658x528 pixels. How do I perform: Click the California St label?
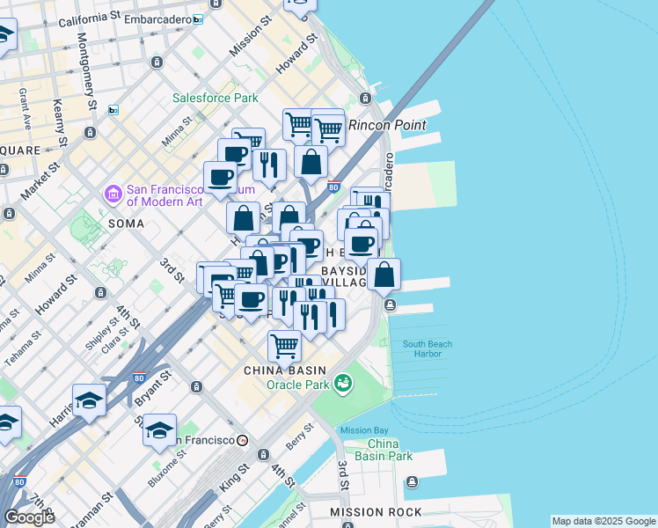(x=91, y=18)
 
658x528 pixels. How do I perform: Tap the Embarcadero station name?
(x=157, y=18)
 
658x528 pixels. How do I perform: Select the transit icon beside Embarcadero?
(x=198, y=18)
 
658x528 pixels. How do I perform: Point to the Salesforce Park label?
(x=215, y=98)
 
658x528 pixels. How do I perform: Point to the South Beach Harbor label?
(x=428, y=349)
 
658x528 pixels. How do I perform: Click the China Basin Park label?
(x=390, y=450)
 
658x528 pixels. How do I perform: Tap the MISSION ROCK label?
(x=365, y=511)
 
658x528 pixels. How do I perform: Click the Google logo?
(x=29, y=517)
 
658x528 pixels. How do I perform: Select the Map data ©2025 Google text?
(x=603, y=521)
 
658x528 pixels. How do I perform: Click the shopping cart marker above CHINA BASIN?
(x=284, y=346)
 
